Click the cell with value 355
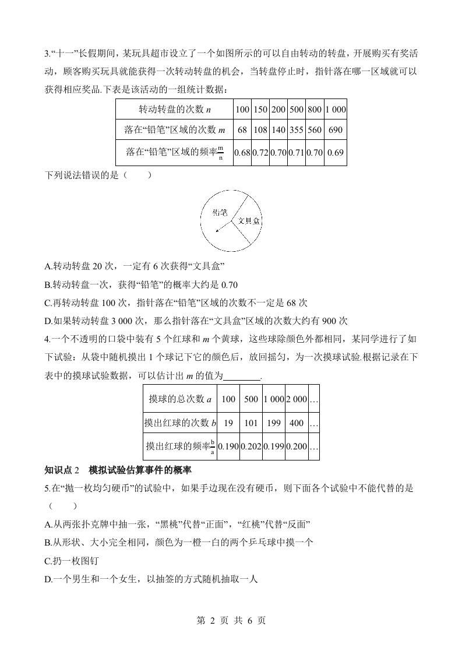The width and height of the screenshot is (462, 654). point(296,129)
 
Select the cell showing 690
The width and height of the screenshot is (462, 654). point(335,129)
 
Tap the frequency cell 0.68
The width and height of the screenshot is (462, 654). point(242,153)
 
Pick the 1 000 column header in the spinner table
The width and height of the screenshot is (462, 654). point(335,109)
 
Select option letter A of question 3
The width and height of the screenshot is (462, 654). point(48,266)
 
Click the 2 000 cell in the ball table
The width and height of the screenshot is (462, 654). point(296,399)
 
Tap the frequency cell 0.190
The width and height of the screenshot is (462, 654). point(228,446)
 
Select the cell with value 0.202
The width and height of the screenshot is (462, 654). point(251,446)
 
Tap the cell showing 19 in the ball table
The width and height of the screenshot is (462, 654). point(228,423)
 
